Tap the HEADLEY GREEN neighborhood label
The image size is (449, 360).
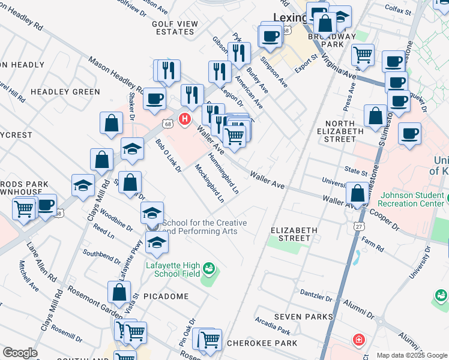point(65,92)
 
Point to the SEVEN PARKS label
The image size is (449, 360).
point(303,316)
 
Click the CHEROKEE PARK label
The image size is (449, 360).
point(262,343)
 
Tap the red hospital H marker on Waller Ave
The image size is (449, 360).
point(185,119)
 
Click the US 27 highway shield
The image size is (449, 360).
point(358,226)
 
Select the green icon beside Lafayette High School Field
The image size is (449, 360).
point(209,267)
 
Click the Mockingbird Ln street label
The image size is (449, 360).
point(209,183)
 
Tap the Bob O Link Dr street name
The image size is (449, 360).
point(168,156)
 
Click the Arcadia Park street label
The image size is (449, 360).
point(273,327)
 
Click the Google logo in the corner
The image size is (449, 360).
point(20,353)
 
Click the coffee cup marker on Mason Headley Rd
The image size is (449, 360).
point(154,99)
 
